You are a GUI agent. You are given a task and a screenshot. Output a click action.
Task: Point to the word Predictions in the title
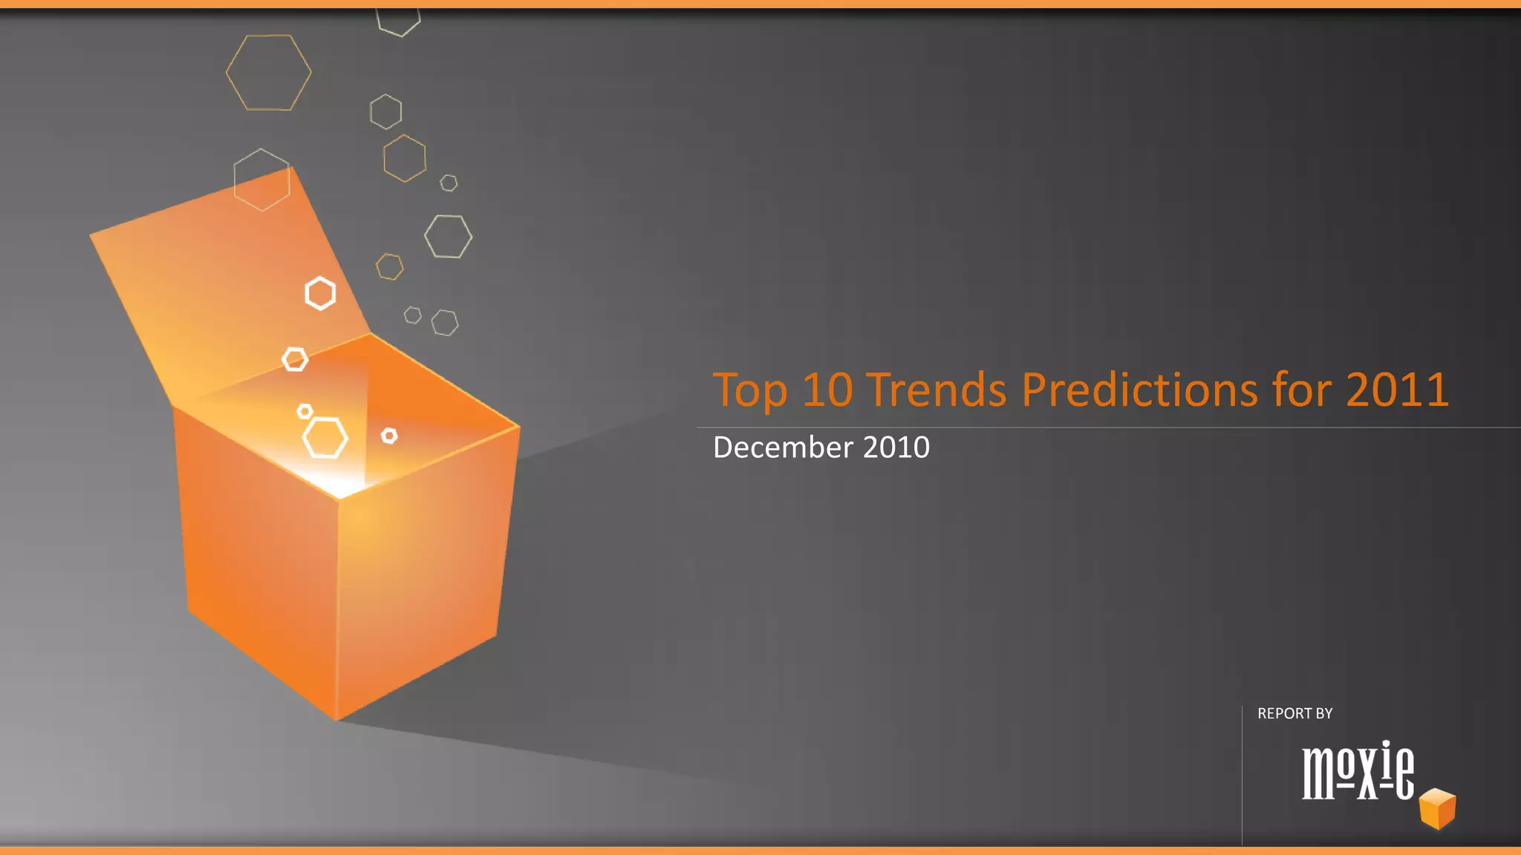(x=1140, y=390)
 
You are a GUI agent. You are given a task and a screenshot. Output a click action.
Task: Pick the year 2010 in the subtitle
(x=896, y=448)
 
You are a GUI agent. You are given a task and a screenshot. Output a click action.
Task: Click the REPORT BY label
(x=1295, y=713)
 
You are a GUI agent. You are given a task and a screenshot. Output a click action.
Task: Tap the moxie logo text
(x=1358, y=770)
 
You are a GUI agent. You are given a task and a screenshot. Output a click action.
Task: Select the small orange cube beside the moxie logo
(x=1438, y=808)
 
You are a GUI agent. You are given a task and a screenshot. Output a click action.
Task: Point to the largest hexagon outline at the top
(x=268, y=73)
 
